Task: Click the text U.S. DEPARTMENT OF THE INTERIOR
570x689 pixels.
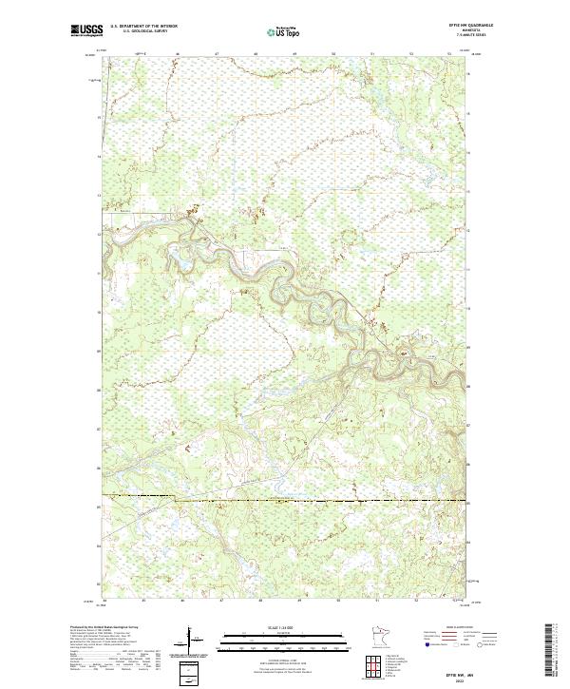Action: pyautogui.click(x=144, y=26)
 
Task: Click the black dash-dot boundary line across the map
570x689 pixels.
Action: pyautogui.click(x=285, y=498)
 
